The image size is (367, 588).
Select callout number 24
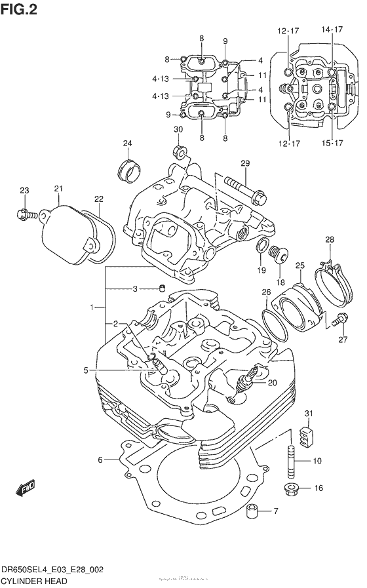pyautogui.click(x=126, y=144)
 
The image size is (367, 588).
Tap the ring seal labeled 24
pyautogui.click(x=128, y=170)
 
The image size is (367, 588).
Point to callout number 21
pyautogui.click(x=58, y=189)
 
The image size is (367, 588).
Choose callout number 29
pyautogui.click(x=245, y=163)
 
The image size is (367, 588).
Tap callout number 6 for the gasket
pyautogui.click(x=100, y=460)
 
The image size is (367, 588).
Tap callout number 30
pyautogui.click(x=178, y=130)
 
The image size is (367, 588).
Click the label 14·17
pyautogui.click(x=332, y=30)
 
